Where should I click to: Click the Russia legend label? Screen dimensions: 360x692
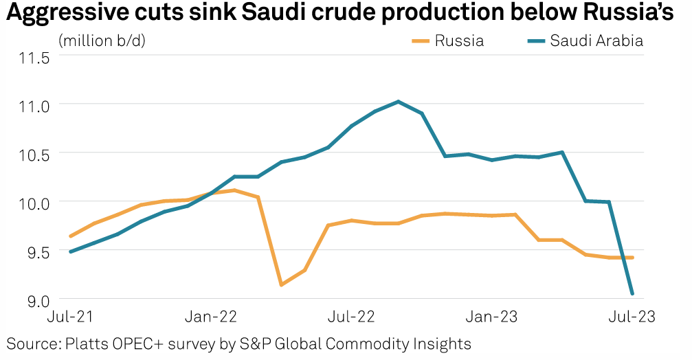pos(458,41)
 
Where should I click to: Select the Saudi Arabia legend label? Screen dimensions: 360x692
pos(596,41)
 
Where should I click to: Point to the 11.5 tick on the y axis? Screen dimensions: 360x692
pos(34,57)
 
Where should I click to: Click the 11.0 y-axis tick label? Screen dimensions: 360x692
pos(34,105)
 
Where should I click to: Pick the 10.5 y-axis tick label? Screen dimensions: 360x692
pos(34,154)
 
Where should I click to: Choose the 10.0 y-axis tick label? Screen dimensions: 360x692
pos(34,203)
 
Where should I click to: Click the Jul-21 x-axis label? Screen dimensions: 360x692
pos(70,317)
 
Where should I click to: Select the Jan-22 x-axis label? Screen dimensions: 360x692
pos(210,317)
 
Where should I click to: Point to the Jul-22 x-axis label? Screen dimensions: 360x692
pos(352,317)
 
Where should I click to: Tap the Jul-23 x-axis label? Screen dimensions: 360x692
pos(632,317)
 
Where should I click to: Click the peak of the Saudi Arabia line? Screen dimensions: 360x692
pos(399,102)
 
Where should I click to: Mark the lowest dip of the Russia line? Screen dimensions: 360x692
pos(281,284)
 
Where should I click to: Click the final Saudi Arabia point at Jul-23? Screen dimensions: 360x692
pos(632,294)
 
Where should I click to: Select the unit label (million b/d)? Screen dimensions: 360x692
pos(102,41)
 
